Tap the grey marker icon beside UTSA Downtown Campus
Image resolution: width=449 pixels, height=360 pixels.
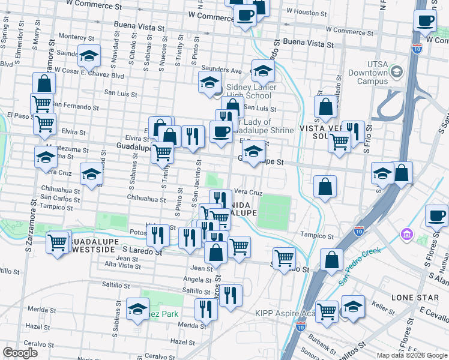pos(396,72)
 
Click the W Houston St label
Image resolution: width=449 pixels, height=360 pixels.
pos(305,11)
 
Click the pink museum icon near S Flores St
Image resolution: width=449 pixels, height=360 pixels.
pos(406,233)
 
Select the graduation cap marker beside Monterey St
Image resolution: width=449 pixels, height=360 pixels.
pos(89,57)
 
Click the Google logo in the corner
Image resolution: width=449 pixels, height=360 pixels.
pos(20,353)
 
